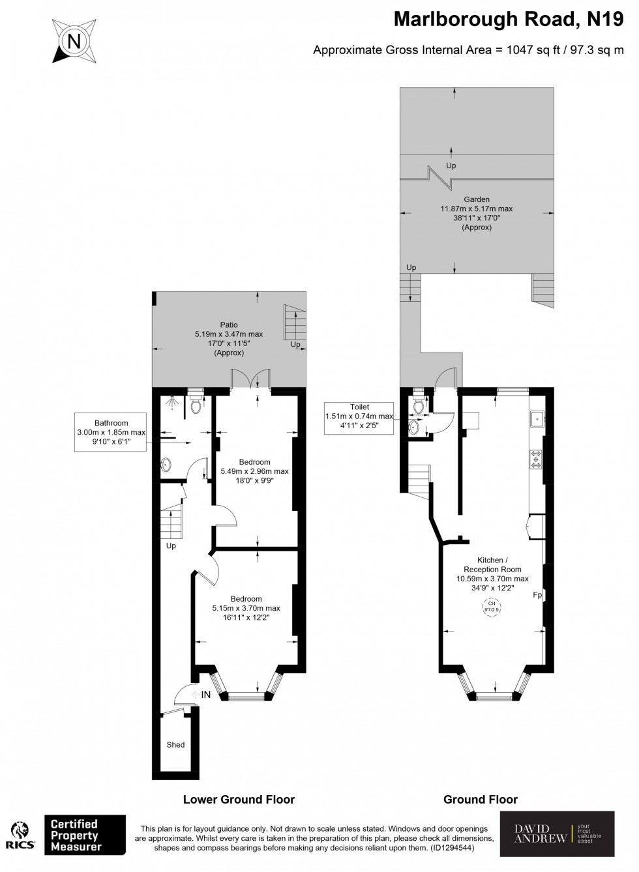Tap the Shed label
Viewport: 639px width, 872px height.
175,744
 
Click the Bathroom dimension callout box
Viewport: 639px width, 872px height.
111,432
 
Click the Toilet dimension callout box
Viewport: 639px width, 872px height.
359,417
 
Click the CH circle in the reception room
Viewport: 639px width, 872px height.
492,607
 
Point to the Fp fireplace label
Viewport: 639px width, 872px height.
537,595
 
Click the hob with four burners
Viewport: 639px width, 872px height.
537,459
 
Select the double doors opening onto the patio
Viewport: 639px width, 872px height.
250,380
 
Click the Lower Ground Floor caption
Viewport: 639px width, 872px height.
239,799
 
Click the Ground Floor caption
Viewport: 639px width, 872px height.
481,799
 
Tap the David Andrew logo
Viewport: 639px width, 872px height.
557,834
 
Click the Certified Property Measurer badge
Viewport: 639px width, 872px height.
85,835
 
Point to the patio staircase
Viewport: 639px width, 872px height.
295,323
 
